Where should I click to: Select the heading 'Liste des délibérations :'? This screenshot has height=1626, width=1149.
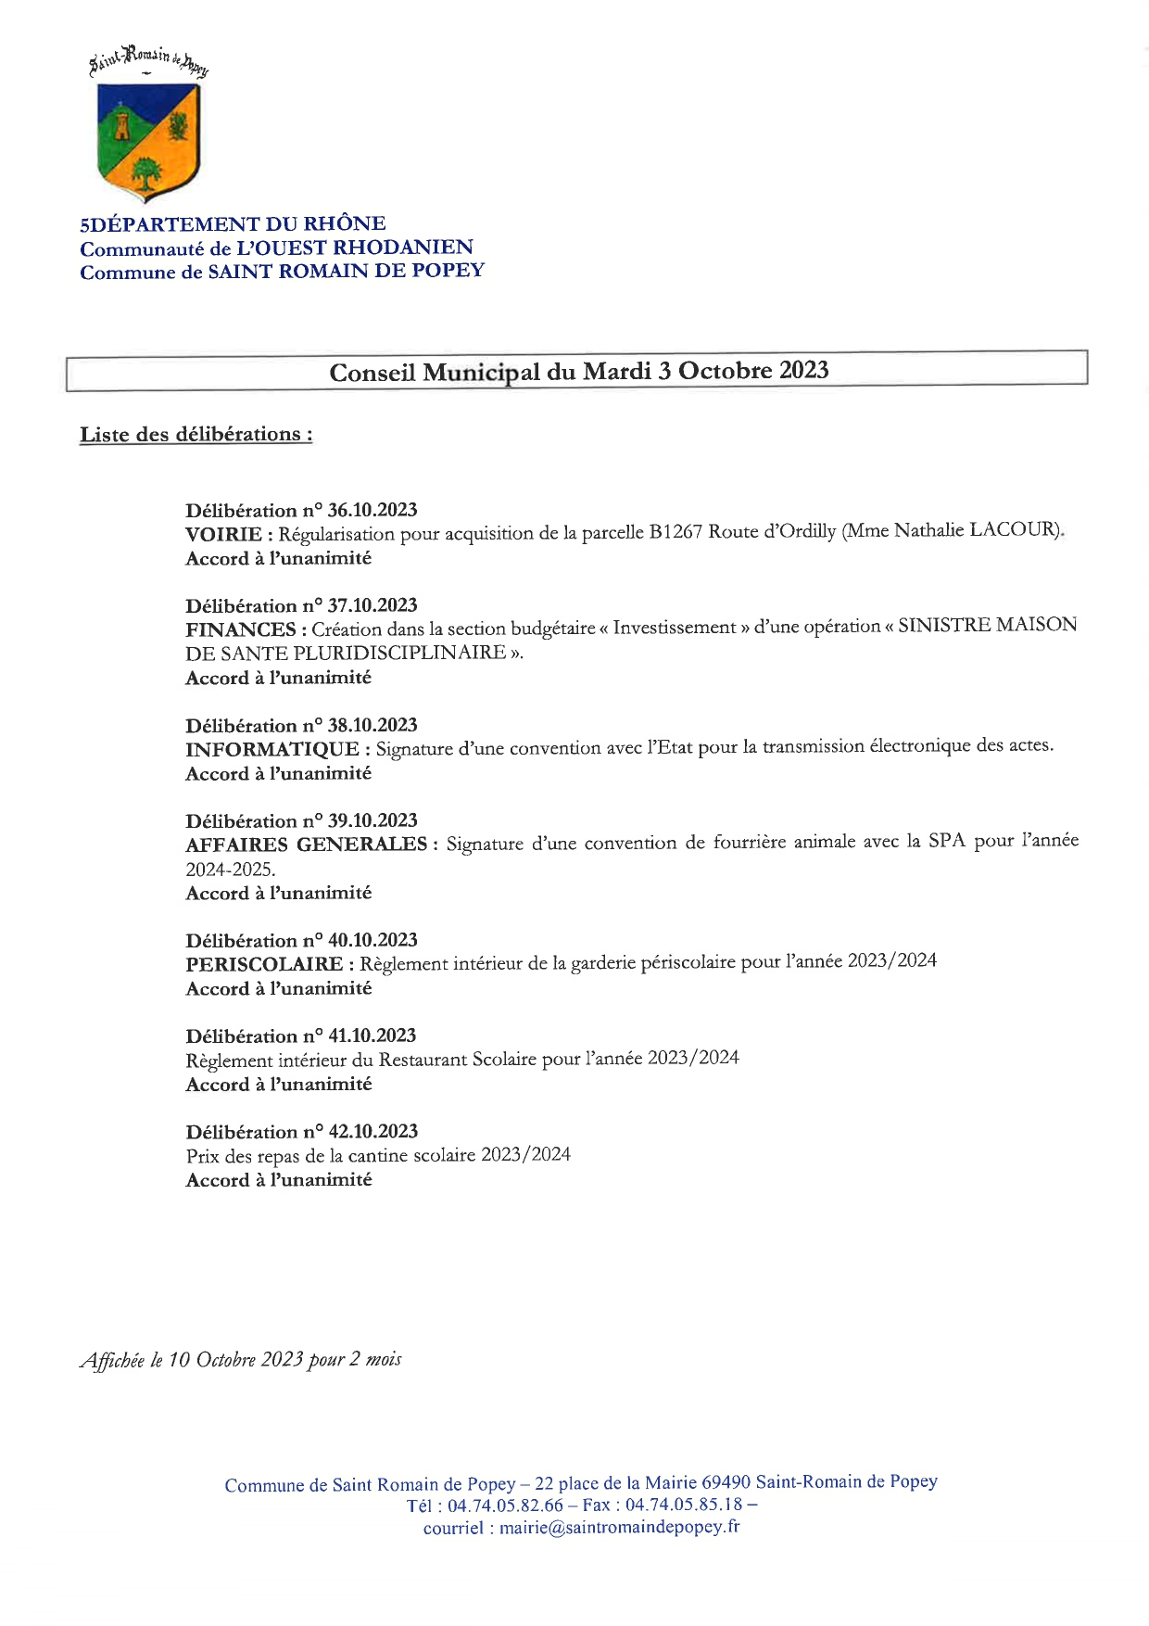tap(196, 434)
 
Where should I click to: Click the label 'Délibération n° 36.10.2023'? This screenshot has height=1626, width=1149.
tap(301, 510)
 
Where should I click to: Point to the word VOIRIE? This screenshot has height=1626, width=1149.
tap(223, 534)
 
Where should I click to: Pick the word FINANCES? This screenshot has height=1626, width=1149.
tap(240, 629)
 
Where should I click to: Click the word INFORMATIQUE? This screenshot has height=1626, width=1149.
tap(271, 749)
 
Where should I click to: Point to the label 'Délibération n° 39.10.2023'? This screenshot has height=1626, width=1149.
tap(301, 820)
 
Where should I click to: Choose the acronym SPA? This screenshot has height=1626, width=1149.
tap(947, 842)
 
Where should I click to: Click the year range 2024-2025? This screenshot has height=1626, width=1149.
tap(231, 870)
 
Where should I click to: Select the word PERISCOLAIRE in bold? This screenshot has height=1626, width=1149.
tap(264, 964)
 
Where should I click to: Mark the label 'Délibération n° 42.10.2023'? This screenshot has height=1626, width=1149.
tap(301, 1131)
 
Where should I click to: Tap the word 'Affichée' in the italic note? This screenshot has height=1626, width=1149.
tap(113, 1360)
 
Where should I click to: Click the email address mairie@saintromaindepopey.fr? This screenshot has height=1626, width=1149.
tap(619, 1528)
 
